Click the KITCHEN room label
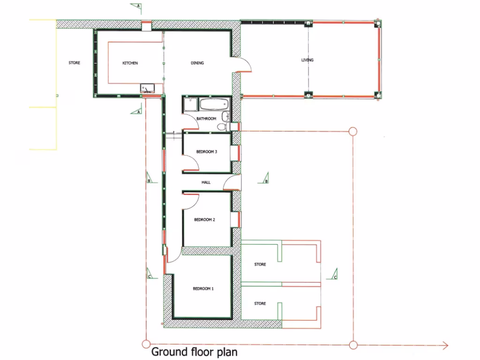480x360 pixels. (x=130, y=63)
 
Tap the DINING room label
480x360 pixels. (x=197, y=63)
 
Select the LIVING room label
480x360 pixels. (x=307, y=60)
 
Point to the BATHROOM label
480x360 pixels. (x=206, y=119)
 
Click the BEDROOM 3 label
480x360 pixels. (x=206, y=152)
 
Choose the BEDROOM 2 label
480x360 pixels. (x=204, y=219)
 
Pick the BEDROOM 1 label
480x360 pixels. (x=203, y=289)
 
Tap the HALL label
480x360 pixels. (x=206, y=182)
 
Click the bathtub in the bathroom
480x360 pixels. (x=214, y=104)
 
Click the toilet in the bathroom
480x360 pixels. (x=223, y=126)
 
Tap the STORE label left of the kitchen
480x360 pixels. (x=74, y=63)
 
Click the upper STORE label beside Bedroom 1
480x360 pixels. (x=260, y=264)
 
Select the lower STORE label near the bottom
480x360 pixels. (x=260, y=304)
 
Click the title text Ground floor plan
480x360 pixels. (x=194, y=352)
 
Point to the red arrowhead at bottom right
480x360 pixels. (x=444, y=346)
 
